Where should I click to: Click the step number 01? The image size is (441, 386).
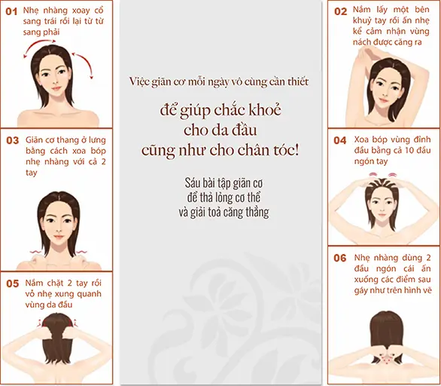pyautogui.click(x=11, y=11)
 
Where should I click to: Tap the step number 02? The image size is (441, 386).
pyautogui.click(x=340, y=11)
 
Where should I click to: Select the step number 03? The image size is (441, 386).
pyautogui.click(x=12, y=140)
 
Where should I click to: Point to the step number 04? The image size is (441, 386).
pyautogui.click(x=339, y=140)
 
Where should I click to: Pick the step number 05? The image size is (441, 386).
pyautogui.click(x=12, y=283)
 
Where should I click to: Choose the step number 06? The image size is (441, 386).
pyautogui.click(x=339, y=258)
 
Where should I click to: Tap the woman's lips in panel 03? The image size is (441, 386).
pyautogui.click(x=59, y=237)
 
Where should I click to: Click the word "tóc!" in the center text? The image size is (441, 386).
pyautogui.click(x=286, y=150)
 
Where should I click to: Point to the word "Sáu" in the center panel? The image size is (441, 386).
pyautogui.click(x=192, y=183)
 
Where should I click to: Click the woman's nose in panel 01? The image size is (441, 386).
pyautogui.click(x=56, y=80)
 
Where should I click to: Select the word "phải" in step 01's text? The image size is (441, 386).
pyautogui.click(x=51, y=32)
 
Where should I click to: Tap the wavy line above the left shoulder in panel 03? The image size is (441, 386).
pyautogui.click(x=35, y=252)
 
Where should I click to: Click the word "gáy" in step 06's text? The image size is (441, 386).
pyautogui.click(x=360, y=290)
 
